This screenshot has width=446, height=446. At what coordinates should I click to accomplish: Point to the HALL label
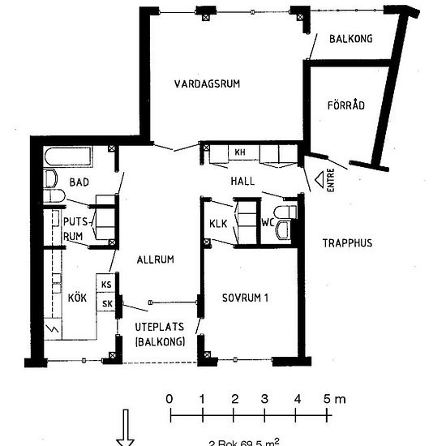pyautogui.click(x=242, y=180)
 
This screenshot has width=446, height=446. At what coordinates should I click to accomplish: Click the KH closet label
pyautogui.click(x=240, y=152)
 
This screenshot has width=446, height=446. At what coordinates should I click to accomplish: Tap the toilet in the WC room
pyautogui.click(x=284, y=222)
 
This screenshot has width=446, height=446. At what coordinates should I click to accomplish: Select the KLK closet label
pyautogui.click(x=217, y=224)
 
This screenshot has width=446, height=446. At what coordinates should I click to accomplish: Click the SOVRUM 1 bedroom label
pyautogui.click(x=246, y=298)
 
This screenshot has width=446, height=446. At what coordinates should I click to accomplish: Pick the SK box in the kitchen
pyautogui.click(x=106, y=303)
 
